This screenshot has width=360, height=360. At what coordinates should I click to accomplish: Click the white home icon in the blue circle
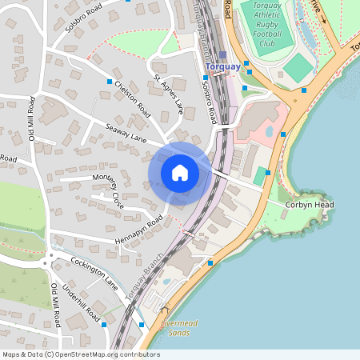[x=179, y=173]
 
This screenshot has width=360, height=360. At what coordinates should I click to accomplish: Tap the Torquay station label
[x=223, y=66]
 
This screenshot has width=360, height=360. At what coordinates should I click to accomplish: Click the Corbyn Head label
[x=310, y=205]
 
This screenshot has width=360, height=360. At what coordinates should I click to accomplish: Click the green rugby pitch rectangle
[x=297, y=67]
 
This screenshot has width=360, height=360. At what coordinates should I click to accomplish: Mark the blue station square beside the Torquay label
[x=223, y=55]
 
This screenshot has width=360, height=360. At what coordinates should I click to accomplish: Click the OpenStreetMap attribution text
[x=81, y=354]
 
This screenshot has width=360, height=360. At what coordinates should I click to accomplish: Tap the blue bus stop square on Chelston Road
[x=110, y=82]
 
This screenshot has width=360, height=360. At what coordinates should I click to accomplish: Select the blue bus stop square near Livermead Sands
[x=142, y=324]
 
